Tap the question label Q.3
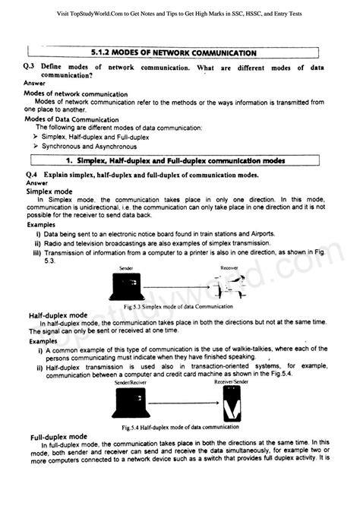pos(31,68)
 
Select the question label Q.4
pos(31,175)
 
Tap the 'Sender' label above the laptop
pos(126,268)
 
